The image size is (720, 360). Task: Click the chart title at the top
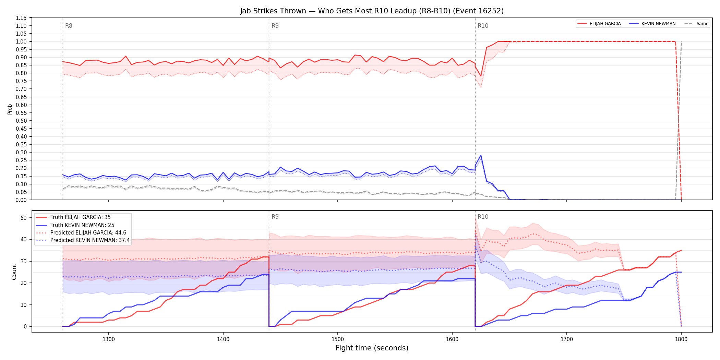tap(372, 11)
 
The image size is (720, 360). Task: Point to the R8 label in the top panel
tap(69, 26)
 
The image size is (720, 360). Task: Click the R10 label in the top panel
tap(483, 26)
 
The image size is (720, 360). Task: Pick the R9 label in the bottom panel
tap(275, 217)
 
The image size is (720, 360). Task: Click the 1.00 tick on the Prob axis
tap(21, 41)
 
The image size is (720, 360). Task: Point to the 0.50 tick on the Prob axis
tap(21, 121)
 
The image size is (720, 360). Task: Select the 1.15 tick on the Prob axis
tap(21, 18)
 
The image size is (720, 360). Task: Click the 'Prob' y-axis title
tap(10, 109)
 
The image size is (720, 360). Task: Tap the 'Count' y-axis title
tap(14, 272)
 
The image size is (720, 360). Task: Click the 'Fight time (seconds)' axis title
tap(372, 348)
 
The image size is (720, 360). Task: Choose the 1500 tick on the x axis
tap(338, 339)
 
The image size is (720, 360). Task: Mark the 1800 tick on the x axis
tap(681, 339)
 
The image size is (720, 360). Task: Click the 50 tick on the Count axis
tap(24, 218)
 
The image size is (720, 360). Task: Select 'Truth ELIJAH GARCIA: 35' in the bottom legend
tap(81, 217)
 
